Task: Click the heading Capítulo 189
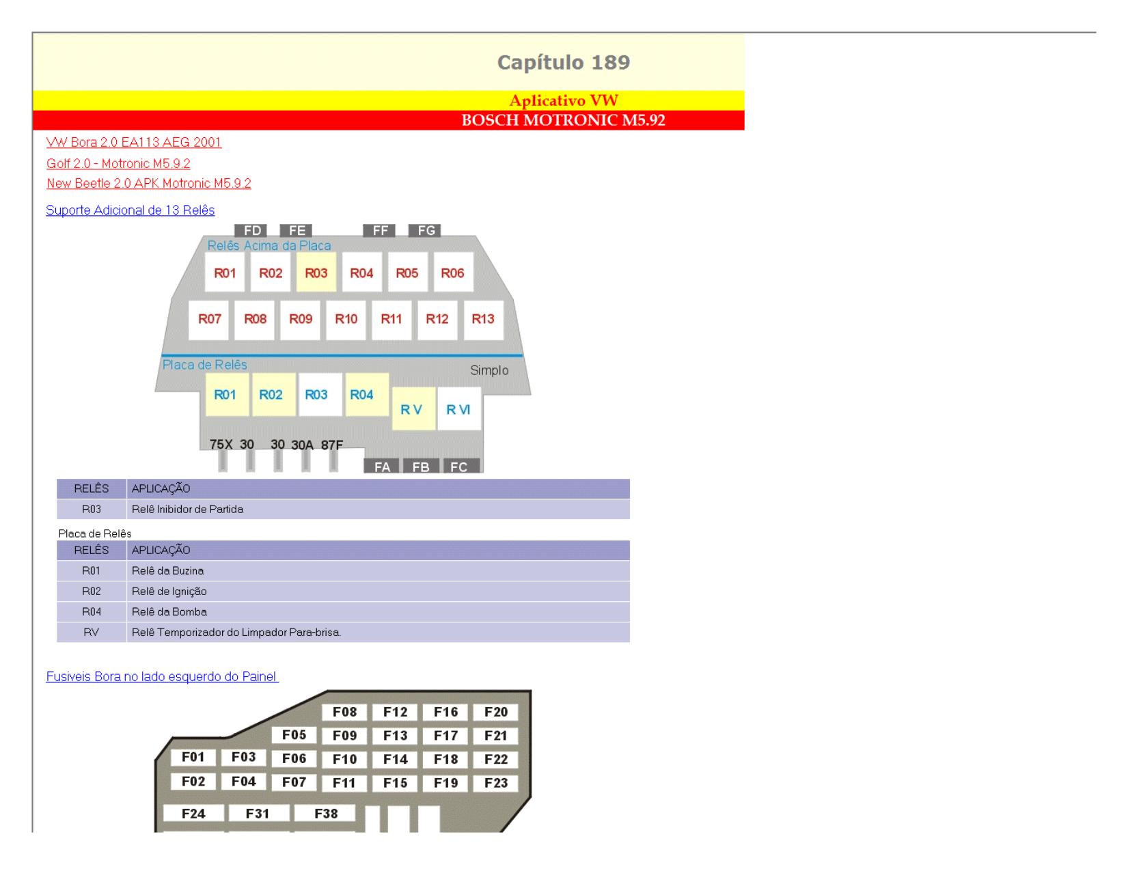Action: click(x=563, y=62)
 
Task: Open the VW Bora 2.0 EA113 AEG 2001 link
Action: click(x=134, y=142)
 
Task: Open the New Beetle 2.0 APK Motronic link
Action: click(x=149, y=183)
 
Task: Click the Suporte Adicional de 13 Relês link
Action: click(x=130, y=210)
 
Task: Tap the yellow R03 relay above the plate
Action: click(x=316, y=273)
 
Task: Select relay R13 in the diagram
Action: click(x=483, y=319)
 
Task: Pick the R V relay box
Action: click(x=413, y=409)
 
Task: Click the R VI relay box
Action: click(x=459, y=409)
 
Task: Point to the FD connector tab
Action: click(x=251, y=230)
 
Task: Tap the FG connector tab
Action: click(x=424, y=230)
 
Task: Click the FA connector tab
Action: click(x=381, y=466)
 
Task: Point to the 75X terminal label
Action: click(x=221, y=444)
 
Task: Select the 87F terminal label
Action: click(x=331, y=445)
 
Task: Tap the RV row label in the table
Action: click(x=92, y=632)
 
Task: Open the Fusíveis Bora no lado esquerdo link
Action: click(x=162, y=676)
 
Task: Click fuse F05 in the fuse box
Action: click(x=294, y=735)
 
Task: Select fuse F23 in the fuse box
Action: click(x=496, y=783)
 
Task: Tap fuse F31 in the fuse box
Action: click(x=258, y=814)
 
